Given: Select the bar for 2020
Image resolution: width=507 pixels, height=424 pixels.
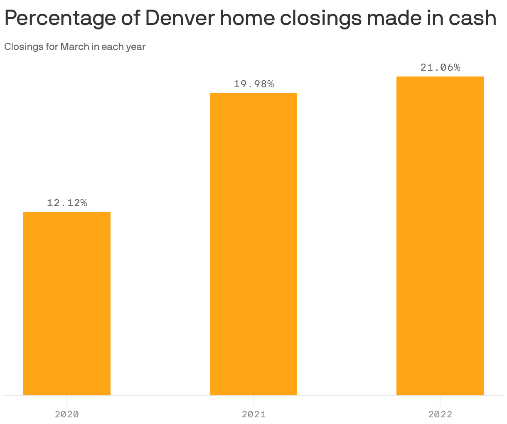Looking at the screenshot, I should point(67,303).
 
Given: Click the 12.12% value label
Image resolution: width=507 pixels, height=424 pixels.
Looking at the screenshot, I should point(67,203).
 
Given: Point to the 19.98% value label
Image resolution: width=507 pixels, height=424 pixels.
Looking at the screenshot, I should point(253,84).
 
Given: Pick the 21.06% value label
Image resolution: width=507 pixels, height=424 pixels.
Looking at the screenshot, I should point(440,68).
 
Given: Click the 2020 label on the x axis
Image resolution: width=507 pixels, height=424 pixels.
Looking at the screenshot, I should point(67,414).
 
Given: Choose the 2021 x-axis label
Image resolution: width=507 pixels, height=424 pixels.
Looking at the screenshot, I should point(253,414).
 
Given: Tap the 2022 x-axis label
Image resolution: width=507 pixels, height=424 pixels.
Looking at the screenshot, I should point(440,414).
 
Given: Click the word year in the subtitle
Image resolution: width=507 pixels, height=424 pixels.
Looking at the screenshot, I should point(136,47).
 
